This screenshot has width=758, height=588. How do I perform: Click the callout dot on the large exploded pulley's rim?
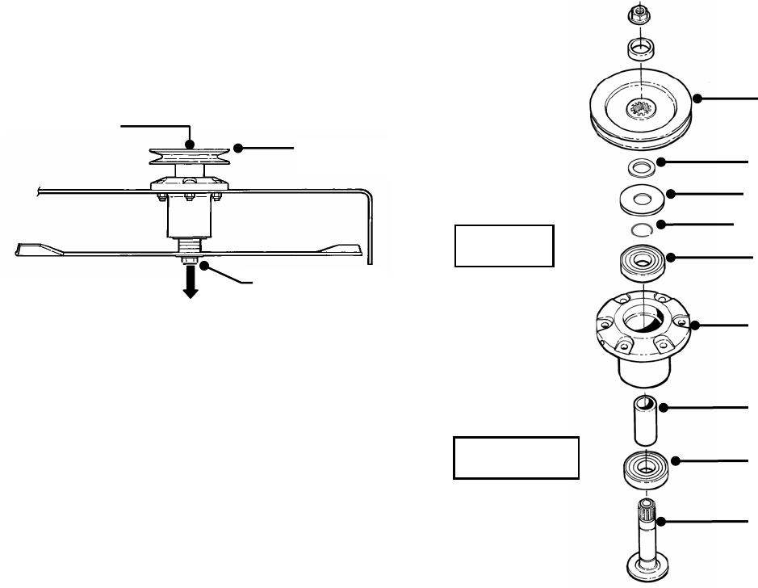698,98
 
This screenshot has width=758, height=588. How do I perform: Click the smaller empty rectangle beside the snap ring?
503,246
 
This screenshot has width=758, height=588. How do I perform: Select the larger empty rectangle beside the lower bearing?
515,458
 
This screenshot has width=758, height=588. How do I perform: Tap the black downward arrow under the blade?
191,285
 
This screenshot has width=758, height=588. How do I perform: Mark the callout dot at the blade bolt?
206,264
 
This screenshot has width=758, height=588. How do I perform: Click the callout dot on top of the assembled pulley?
191,144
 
